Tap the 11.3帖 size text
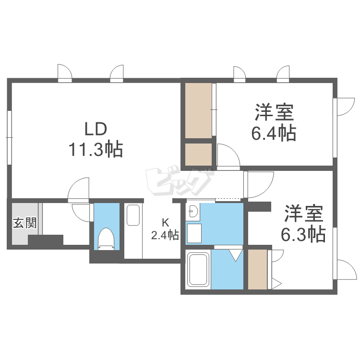tap(95, 150)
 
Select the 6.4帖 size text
tap(274, 132)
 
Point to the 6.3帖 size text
tap(304, 234)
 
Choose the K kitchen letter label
tap(165, 223)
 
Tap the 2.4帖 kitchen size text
tap(165, 235)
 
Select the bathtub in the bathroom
tap(196, 270)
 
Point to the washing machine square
tap(195, 233)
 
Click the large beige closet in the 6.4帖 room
tap(198, 110)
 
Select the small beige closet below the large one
tap(198, 154)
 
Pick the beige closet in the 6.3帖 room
tap(257, 269)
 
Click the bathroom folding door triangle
tap(235, 254)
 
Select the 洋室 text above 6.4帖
tap(274, 113)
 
